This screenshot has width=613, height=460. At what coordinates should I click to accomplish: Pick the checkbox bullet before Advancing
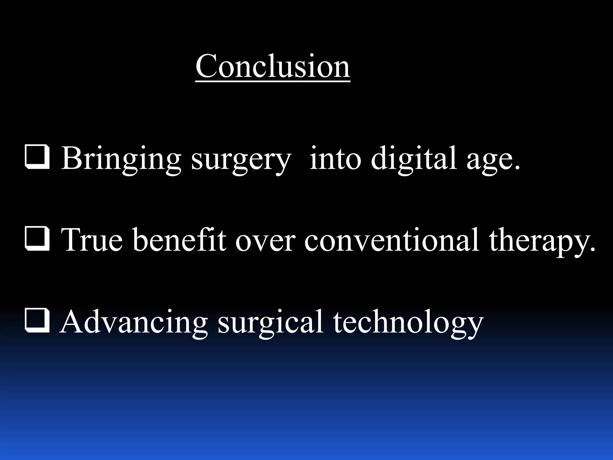point(37,321)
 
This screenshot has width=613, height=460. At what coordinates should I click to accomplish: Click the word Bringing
point(121,159)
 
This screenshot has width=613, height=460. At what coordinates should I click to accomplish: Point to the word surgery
point(241,160)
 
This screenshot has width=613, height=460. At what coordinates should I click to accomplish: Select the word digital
point(414,159)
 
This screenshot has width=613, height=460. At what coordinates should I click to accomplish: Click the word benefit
point(179,240)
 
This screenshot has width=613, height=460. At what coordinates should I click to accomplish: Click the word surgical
point(271,323)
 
